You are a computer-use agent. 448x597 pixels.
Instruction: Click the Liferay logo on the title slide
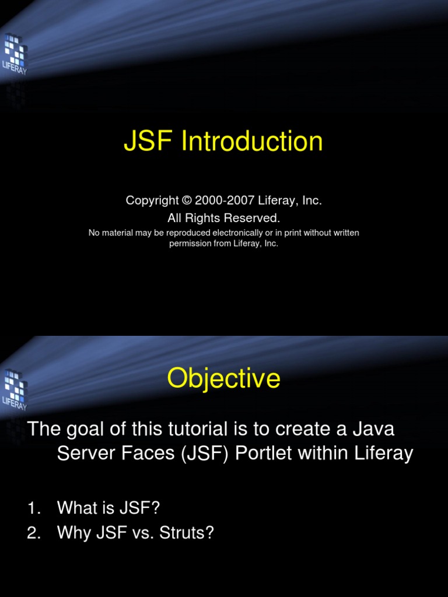pyautogui.click(x=14, y=52)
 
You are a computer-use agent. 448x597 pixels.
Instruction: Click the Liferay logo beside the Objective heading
pyautogui.click(x=14, y=388)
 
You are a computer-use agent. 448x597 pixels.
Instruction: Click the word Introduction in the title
pyautogui.click(x=252, y=142)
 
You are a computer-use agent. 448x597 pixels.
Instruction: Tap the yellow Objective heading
pyautogui.click(x=223, y=379)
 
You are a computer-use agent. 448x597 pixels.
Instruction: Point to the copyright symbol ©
pyautogui.click(x=187, y=201)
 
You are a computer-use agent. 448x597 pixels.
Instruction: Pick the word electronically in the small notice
pyautogui.click(x=222, y=233)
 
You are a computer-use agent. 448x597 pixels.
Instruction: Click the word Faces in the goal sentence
pyautogui.click(x=139, y=454)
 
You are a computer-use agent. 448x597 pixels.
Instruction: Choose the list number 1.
pyautogui.click(x=32, y=508)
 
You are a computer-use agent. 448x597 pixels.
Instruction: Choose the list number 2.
pyautogui.click(x=32, y=532)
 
